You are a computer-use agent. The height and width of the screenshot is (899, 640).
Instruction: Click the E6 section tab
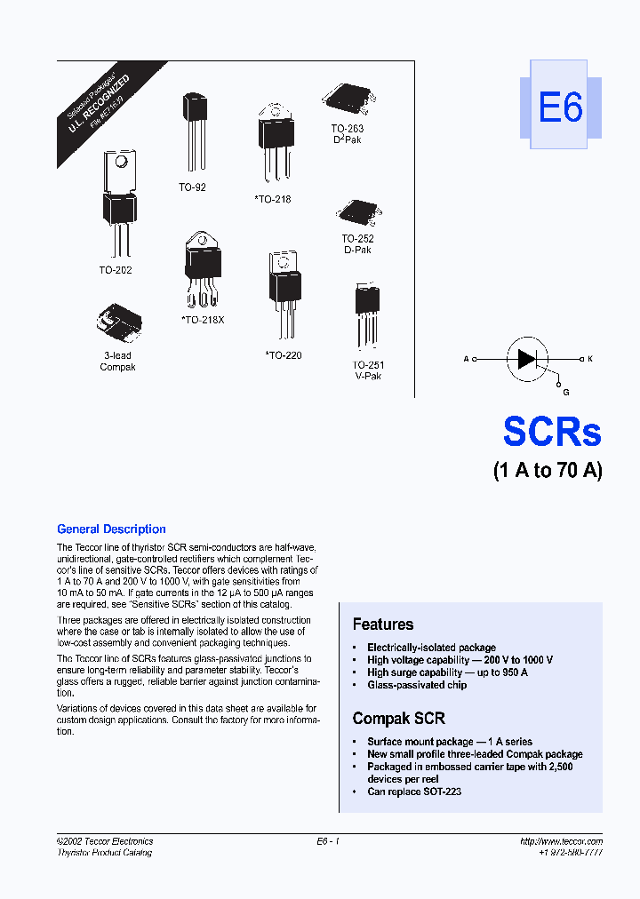560,107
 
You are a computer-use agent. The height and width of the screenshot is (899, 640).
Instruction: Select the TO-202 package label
116,270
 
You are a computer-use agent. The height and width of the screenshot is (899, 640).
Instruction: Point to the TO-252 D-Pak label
357,244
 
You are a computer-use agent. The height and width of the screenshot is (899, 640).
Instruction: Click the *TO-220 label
284,355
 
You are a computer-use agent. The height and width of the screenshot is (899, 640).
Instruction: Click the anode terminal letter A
466,359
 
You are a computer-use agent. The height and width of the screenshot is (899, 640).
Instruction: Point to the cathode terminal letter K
589,359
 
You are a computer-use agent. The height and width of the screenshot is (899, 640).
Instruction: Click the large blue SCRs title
551,432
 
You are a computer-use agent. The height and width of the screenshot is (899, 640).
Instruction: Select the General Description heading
111,529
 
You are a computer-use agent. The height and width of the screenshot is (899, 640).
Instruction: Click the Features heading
383,625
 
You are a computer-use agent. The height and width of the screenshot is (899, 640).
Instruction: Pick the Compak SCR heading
399,718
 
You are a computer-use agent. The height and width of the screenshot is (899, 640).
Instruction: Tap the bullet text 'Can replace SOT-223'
414,792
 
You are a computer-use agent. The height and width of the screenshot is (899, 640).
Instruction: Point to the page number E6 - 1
328,841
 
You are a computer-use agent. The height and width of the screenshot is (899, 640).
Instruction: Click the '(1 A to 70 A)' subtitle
548,471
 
